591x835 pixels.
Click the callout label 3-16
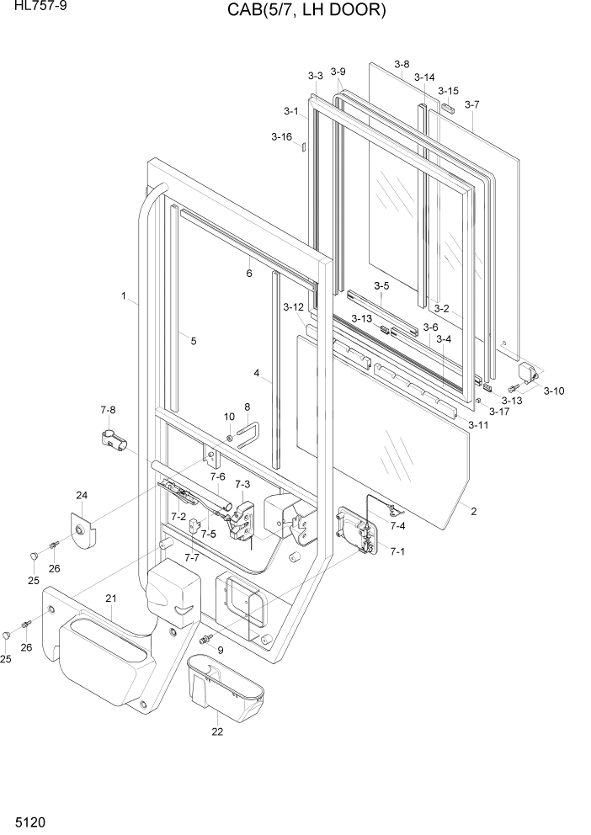[x=281, y=136]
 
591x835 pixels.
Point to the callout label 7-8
[x=108, y=410]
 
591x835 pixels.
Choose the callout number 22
[x=217, y=732]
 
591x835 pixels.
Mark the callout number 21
[x=110, y=598]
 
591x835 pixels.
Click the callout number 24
[x=82, y=495]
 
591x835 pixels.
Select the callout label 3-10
[x=554, y=391]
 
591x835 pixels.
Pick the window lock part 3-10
[x=528, y=371]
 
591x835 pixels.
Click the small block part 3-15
[x=450, y=108]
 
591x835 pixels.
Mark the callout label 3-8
[x=402, y=64]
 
